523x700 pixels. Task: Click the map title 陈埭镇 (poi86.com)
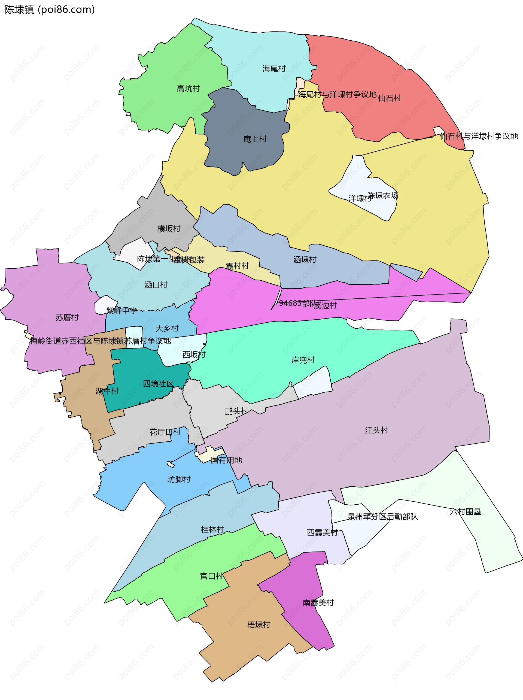click(49, 10)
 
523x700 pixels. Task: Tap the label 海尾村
click(274, 69)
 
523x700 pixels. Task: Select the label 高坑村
click(188, 89)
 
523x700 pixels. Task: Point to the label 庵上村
click(255, 139)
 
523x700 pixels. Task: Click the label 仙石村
click(389, 98)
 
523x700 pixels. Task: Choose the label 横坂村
click(169, 229)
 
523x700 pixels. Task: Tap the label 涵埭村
click(305, 259)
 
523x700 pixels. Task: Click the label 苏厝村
click(67, 317)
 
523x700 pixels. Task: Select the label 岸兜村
click(303, 360)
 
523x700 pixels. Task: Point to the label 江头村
click(376, 430)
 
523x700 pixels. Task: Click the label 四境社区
click(158, 384)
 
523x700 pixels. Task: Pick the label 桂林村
click(212, 529)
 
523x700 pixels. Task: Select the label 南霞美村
click(318, 602)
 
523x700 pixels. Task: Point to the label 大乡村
click(167, 328)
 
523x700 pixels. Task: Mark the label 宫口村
click(211, 576)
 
